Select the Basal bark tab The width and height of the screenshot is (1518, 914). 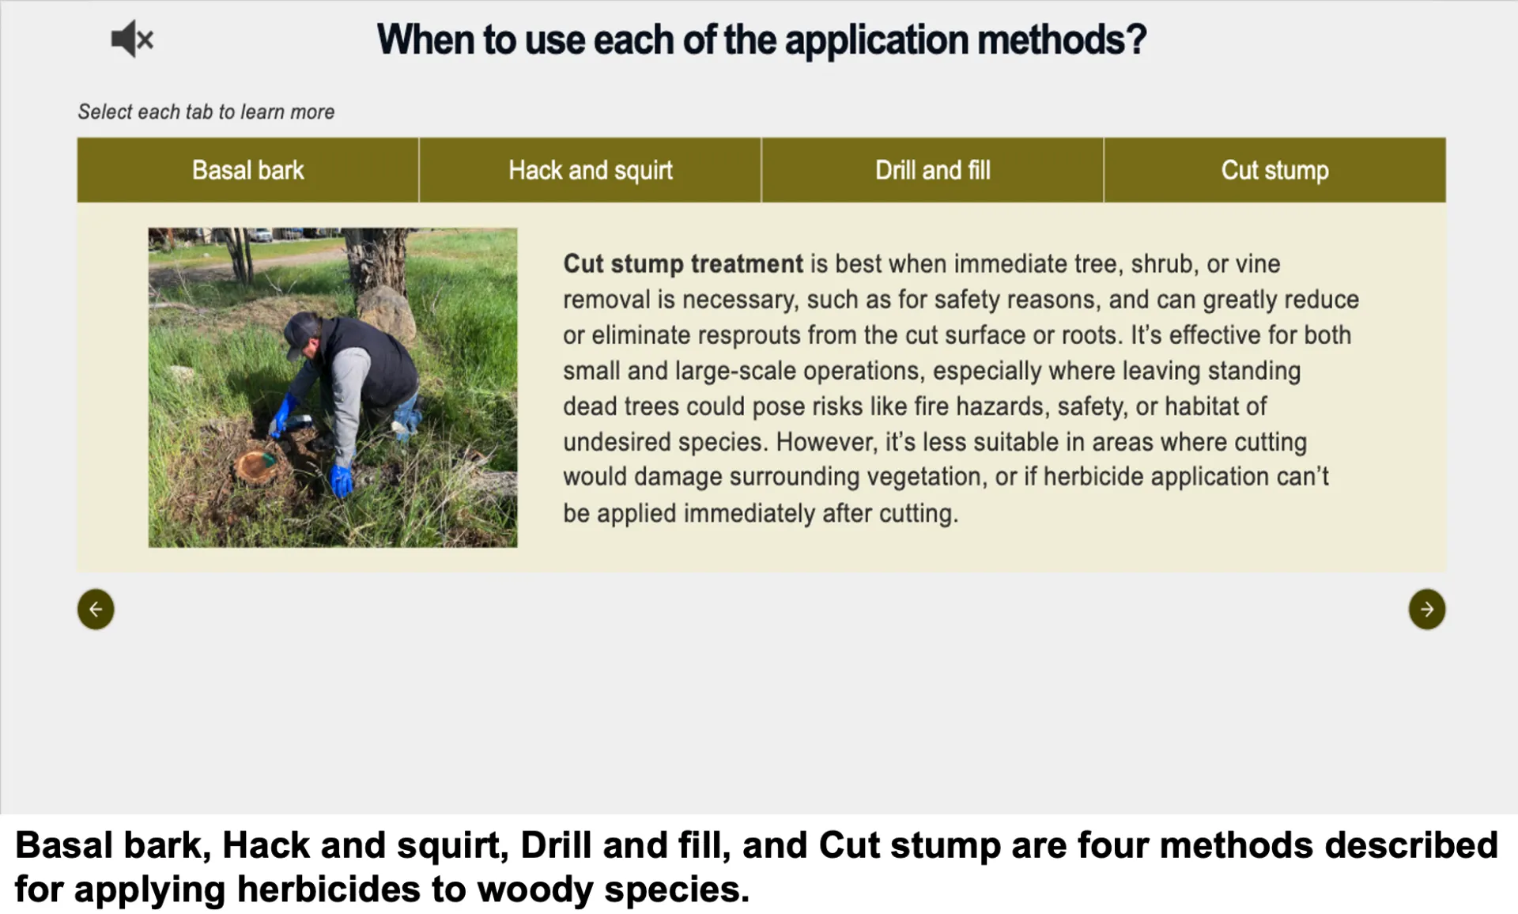[247, 170]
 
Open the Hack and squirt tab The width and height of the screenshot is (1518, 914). [590, 170]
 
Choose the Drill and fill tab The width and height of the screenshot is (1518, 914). [932, 170]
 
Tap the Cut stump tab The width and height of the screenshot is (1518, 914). [1274, 170]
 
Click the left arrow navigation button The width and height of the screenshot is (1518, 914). [96, 610]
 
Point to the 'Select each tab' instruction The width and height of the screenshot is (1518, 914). [206, 112]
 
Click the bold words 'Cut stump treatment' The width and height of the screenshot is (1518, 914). [682, 264]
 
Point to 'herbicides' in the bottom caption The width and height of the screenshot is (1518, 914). [329, 889]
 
